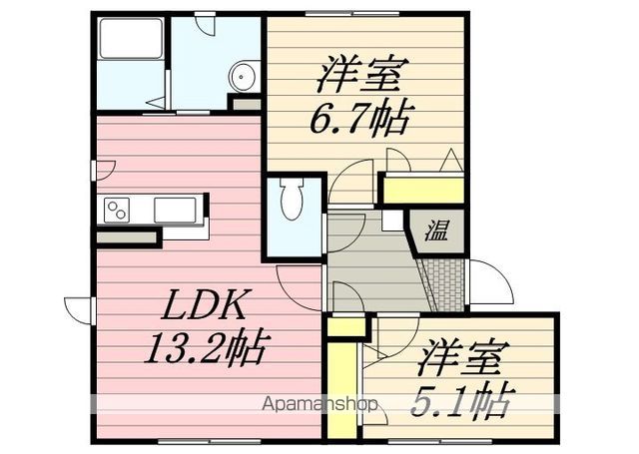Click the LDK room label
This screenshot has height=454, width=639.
pyautogui.click(x=204, y=304)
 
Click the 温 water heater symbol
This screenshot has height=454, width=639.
pyautogui.click(x=436, y=230)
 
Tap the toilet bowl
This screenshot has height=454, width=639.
pyautogui.click(x=292, y=199)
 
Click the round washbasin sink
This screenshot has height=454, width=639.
pyautogui.click(x=242, y=77)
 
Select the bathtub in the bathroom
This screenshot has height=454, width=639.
pyautogui.click(x=131, y=39)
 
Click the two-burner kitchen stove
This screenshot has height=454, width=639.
pyautogui.click(x=117, y=211)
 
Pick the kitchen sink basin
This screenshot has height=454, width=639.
pyautogui.click(x=175, y=211)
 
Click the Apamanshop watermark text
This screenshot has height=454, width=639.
pyautogui.click(x=319, y=404)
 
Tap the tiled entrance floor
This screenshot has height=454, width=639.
pyautogui.click(x=443, y=284)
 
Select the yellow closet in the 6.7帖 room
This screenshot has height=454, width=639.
pyautogui.click(x=423, y=191)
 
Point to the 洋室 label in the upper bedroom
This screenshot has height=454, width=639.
pyautogui.click(x=357, y=75)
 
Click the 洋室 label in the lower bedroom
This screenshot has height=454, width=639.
pyautogui.click(x=459, y=357)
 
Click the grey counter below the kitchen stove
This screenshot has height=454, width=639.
pyautogui.click(x=127, y=237)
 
